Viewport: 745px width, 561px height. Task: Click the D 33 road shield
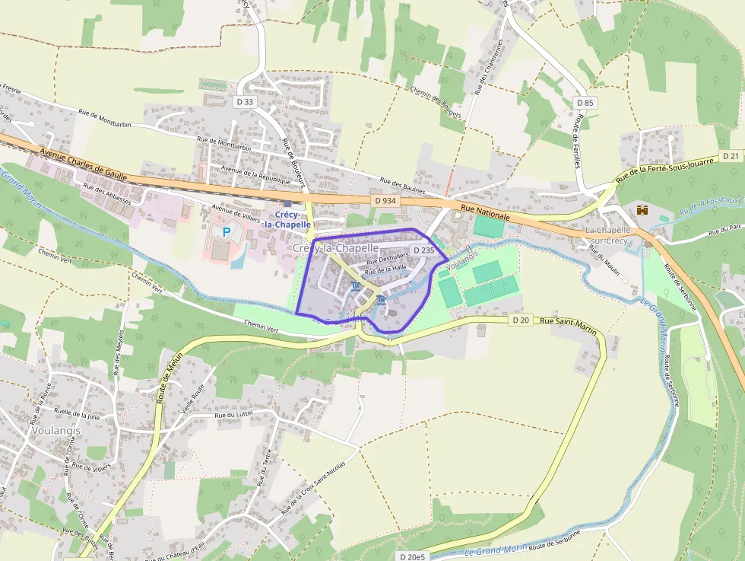coord(245,101)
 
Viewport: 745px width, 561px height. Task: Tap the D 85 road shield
coord(585,102)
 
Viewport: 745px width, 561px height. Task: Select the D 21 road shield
coord(731,155)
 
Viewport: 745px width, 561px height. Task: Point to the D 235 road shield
coord(423,250)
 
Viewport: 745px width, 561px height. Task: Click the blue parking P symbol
coord(226,231)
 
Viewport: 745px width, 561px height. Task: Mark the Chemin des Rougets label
coord(436,101)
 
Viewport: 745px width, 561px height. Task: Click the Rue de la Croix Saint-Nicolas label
coord(314,486)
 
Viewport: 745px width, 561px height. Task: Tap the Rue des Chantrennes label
coord(490,66)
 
